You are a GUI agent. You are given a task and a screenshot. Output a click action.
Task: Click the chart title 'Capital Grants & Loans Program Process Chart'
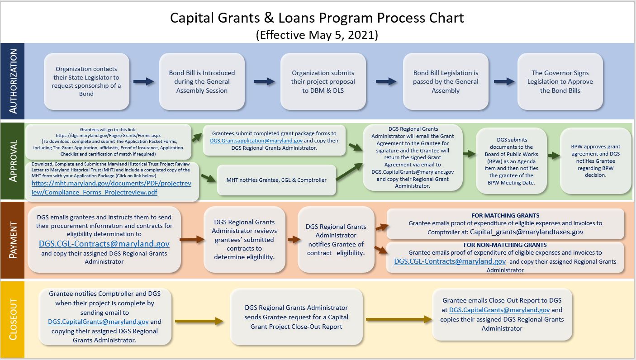click(317, 18)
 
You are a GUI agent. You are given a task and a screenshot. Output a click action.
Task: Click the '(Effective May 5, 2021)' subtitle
click(317, 34)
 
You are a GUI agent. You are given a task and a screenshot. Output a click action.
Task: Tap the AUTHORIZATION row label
click(13, 81)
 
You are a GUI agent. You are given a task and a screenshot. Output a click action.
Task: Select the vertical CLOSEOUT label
click(13, 319)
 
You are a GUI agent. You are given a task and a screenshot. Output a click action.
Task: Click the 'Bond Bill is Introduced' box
click(202, 81)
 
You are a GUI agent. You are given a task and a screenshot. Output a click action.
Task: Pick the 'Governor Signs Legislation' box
click(560, 81)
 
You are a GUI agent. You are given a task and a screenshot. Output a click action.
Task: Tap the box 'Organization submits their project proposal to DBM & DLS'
click(323, 81)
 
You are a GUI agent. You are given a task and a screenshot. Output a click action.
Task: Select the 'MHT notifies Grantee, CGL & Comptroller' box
click(276, 180)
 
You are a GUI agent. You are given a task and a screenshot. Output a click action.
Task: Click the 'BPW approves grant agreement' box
click(595, 161)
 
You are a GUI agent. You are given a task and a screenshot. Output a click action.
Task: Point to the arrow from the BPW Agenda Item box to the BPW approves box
click(554, 155)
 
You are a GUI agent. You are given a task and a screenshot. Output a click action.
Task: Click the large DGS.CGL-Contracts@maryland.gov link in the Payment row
click(104, 244)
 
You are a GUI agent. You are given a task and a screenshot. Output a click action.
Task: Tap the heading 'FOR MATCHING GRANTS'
click(505, 215)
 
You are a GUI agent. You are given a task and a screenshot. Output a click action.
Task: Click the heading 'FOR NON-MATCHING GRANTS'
click(505, 245)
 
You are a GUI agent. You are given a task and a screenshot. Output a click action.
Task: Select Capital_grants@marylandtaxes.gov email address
click(527, 232)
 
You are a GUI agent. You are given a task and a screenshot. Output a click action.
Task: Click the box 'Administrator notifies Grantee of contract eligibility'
click(336, 240)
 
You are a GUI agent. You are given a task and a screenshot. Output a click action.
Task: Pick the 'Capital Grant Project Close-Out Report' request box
click(296, 317)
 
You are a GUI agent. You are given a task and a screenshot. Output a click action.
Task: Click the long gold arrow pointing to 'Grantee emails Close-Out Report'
click(399, 319)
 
